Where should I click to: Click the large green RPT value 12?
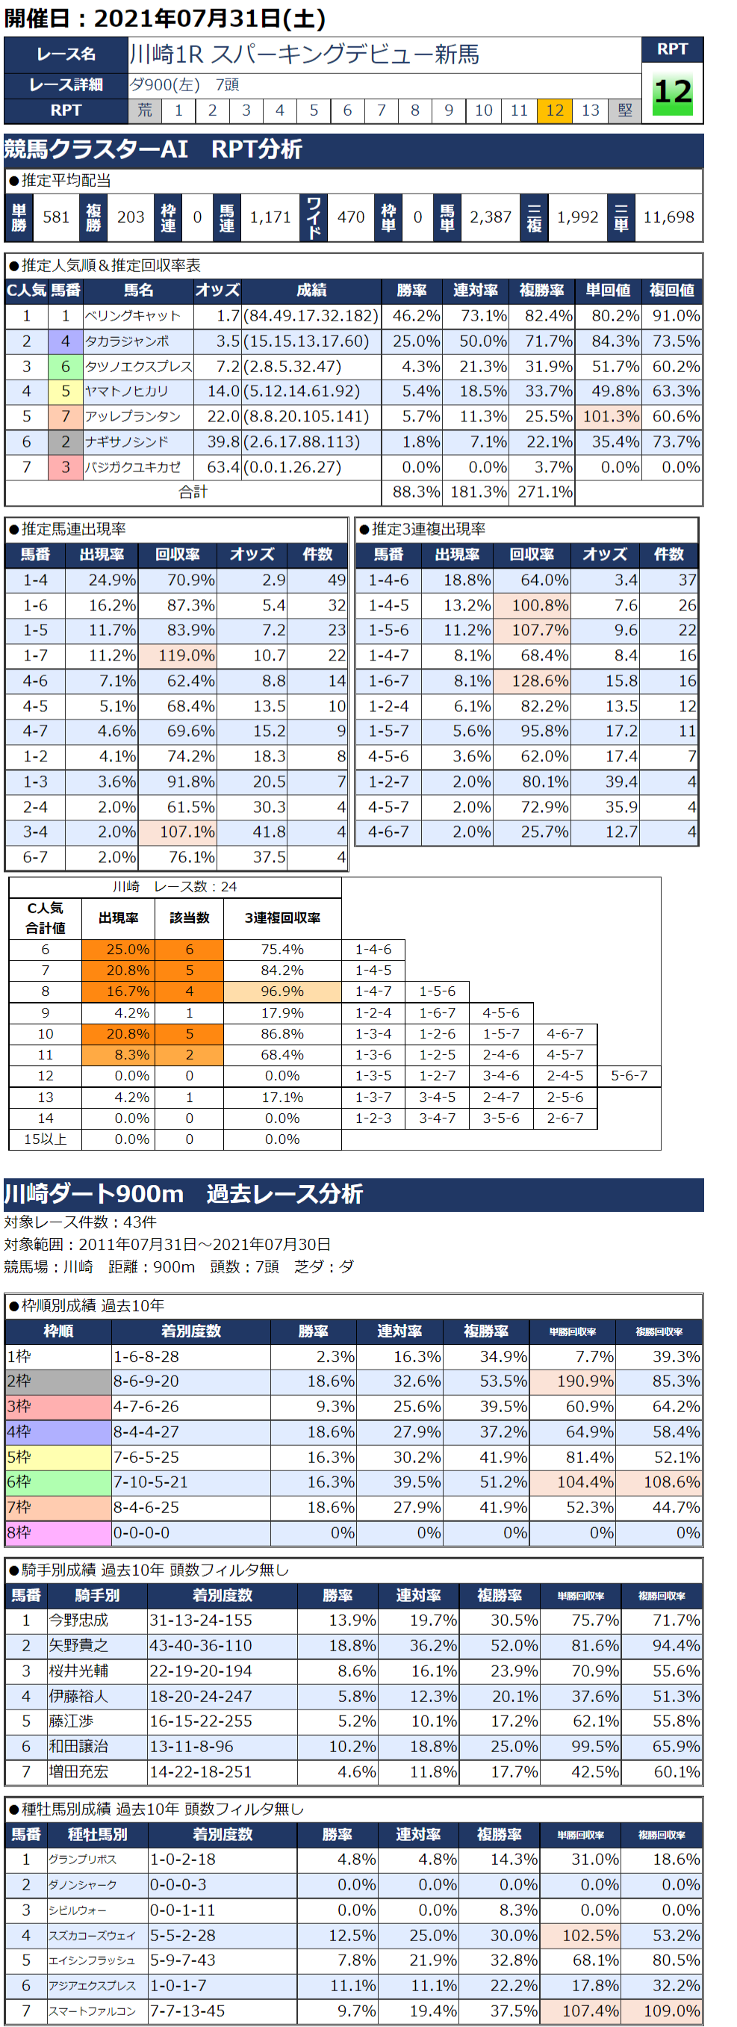[673, 93]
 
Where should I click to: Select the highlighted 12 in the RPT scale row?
[555, 110]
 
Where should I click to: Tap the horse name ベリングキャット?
[133, 315]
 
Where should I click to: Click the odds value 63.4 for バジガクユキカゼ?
[223, 467]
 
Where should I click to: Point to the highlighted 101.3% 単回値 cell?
[608, 416]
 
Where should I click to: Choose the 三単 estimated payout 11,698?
[668, 217]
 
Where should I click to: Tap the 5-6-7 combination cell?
[629, 1076]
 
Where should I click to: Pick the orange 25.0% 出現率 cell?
[119, 950]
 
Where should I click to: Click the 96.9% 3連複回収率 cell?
[282, 991]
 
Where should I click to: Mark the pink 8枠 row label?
[57, 1533]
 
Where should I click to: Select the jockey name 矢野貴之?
[78, 1645]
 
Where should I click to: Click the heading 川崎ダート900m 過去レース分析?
[183, 1194]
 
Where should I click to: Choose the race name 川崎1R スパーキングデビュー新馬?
[304, 55]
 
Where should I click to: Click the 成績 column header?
[311, 291]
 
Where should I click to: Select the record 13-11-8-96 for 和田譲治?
[191, 1746]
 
